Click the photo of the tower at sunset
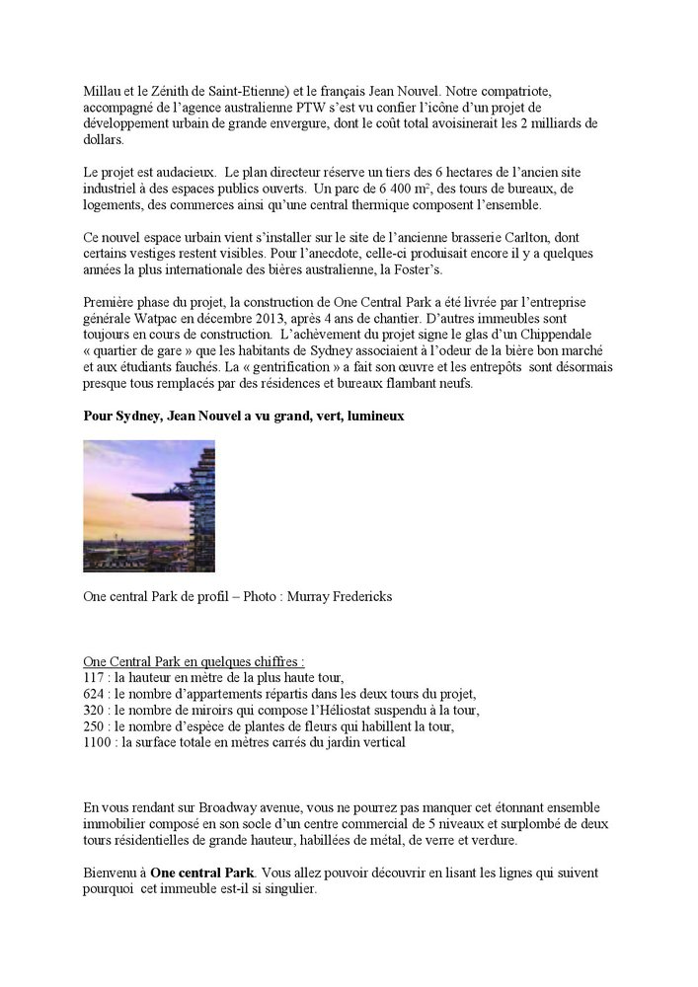click(x=149, y=505)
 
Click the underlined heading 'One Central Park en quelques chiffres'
click(x=194, y=661)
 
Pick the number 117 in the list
click(x=95, y=677)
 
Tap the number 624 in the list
click(x=95, y=694)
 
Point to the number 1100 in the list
click(x=98, y=742)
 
